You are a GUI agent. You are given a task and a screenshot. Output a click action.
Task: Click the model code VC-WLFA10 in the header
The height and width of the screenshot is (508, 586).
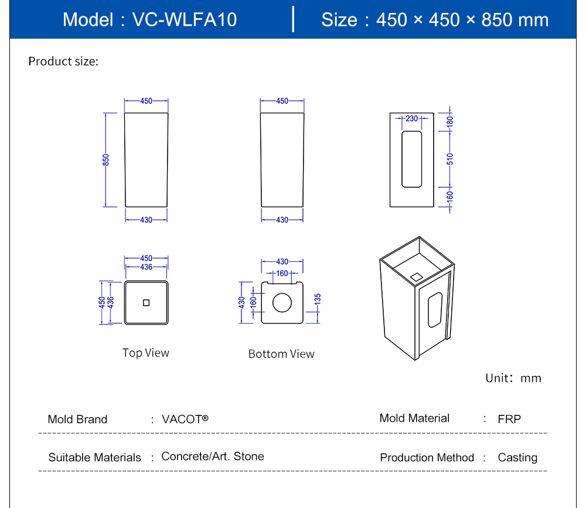pyautogui.click(x=185, y=19)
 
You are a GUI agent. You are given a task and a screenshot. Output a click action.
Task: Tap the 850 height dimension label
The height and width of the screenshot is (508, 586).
pyautogui.click(x=106, y=160)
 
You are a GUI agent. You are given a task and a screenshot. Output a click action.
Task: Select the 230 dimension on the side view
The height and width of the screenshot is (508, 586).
pyautogui.click(x=411, y=118)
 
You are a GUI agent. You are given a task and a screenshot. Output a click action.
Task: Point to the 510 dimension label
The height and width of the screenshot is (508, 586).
pyautogui.click(x=450, y=158)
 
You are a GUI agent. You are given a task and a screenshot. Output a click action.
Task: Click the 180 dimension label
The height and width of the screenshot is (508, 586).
pyautogui.click(x=450, y=122)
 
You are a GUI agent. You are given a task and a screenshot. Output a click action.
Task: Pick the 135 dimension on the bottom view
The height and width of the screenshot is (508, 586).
pyautogui.click(x=318, y=299)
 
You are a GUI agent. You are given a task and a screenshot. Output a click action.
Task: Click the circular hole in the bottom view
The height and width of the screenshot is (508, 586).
pyautogui.click(x=282, y=302)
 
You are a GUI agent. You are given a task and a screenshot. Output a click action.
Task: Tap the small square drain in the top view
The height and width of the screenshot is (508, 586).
pyautogui.click(x=146, y=302)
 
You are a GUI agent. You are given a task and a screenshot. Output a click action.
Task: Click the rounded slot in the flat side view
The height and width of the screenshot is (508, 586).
pyautogui.click(x=411, y=159)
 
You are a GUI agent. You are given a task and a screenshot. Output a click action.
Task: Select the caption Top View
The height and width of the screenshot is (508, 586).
pyautogui.click(x=145, y=353)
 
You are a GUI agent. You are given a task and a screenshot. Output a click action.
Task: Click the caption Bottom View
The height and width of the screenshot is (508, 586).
pyautogui.click(x=281, y=354)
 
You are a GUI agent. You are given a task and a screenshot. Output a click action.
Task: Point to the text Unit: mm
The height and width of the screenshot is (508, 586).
pyautogui.click(x=513, y=378)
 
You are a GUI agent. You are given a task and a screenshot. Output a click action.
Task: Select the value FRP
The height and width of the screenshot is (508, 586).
pyautogui.click(x=509, y=419)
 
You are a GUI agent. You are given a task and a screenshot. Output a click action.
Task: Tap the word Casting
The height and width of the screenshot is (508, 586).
pyautogui.click(x=517, y=458)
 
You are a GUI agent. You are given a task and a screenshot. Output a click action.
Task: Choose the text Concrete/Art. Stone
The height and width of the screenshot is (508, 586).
pyautogui.click(x=213, y=456)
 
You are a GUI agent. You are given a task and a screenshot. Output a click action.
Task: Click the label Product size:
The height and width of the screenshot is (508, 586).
pyautogui.click(x=63, y=61)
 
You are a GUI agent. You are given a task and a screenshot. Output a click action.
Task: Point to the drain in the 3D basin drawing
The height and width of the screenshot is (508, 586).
pyautogui.click(x=417, y=276)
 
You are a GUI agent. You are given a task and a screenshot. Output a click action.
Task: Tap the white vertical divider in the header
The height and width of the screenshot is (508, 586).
pyautogui.click(x=293, y=19)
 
